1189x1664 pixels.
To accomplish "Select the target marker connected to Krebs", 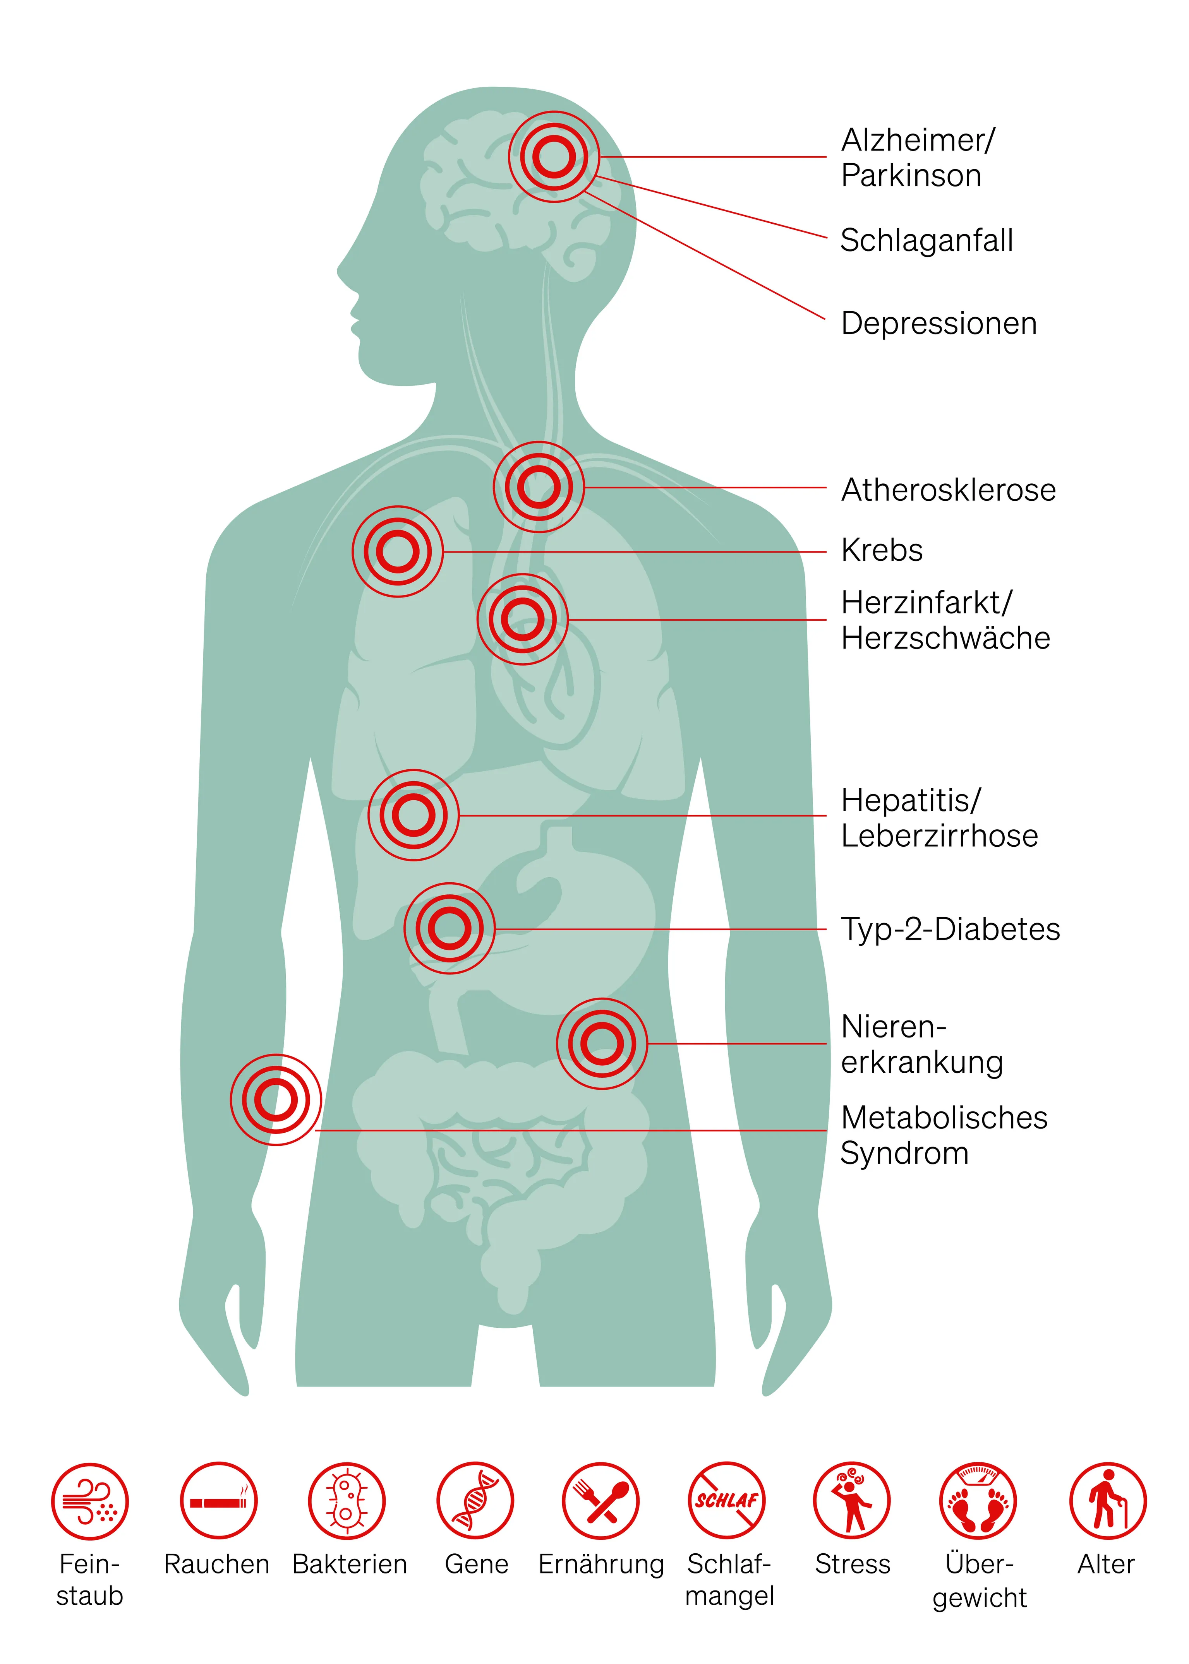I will [398, 551].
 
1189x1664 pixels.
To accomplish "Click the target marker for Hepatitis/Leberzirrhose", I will [413, 815].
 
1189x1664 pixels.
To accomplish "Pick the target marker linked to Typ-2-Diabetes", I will [450, 928].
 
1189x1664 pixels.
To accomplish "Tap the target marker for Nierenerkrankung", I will [601, 1043].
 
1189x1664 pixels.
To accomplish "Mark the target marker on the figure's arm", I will [276, 1099].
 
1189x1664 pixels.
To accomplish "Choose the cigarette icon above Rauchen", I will [218, 1501].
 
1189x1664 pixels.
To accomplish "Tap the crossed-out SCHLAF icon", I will [726, 1501].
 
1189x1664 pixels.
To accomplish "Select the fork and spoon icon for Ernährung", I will [601, 1501].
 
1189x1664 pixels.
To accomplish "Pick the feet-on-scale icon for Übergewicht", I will [978, 1501].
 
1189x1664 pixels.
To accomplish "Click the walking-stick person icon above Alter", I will [1107, 1501].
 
